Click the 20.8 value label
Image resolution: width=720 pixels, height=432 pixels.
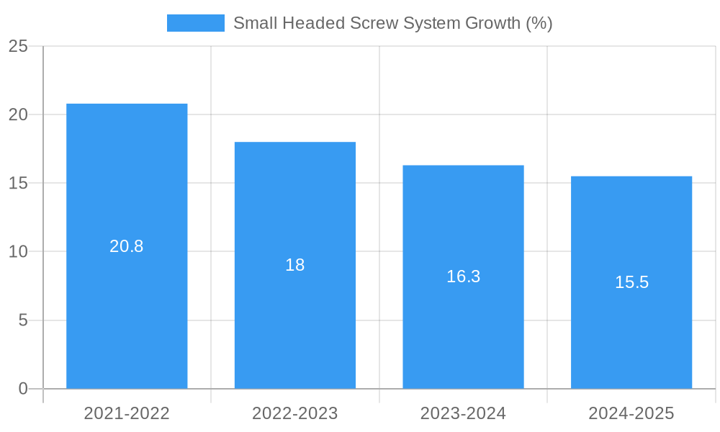[x=127, y=246]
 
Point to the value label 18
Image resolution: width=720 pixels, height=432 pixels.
[x=295, y=265]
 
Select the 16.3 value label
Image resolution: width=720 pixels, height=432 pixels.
[x=463, y=276]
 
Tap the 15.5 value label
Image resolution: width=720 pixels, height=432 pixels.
[x=631, y=282]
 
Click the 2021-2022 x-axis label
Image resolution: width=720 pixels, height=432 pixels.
[x=127, y=413]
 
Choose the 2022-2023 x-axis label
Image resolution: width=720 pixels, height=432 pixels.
[x=295, y=413]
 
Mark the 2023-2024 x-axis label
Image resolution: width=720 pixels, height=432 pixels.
[x=463, y=413]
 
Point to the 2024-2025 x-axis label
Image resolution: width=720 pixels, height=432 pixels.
[x=631, y=413]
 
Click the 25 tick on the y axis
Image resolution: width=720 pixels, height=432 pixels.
[x=18, y=46]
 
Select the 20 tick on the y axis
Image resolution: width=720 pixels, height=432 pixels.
[x=18, y=114]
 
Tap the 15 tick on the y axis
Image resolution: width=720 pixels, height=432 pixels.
[x=18, y=183]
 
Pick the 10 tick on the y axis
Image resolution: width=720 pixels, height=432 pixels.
[x=18, y=251]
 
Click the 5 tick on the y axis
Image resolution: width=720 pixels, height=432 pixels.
[x=23, y=320]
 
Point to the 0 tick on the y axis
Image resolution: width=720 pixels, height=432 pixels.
[x=23, y=389]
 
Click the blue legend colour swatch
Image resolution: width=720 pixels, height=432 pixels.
[x=195, y=23]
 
